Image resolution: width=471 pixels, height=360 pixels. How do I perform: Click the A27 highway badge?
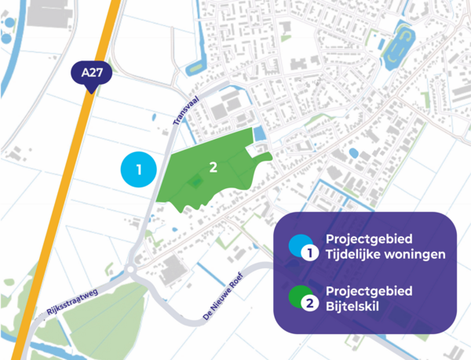coord(92,75)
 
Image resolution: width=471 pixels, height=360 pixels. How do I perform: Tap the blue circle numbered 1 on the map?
coord(139,169)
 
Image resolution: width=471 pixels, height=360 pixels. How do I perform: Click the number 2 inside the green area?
coord(213,166)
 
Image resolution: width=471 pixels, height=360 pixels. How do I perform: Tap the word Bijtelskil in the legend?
coord(351,307)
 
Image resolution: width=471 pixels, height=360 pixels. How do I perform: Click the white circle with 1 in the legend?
coord(309,253)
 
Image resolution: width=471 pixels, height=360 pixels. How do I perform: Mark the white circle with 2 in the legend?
coord(309,305)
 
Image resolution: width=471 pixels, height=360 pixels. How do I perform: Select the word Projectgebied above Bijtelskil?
coord(368,291)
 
